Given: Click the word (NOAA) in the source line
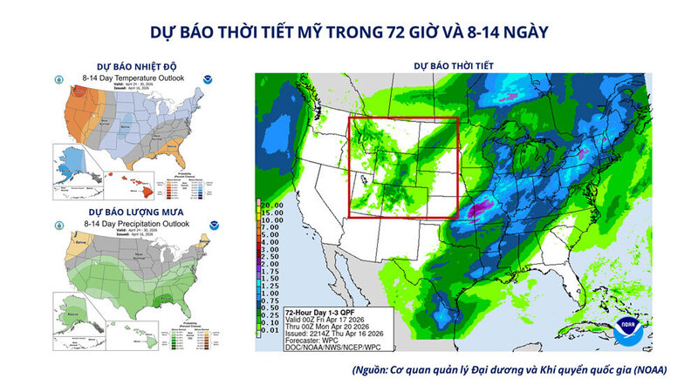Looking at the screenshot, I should point(648,369).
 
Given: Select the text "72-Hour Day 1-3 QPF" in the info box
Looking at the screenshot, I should point(322,310).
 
